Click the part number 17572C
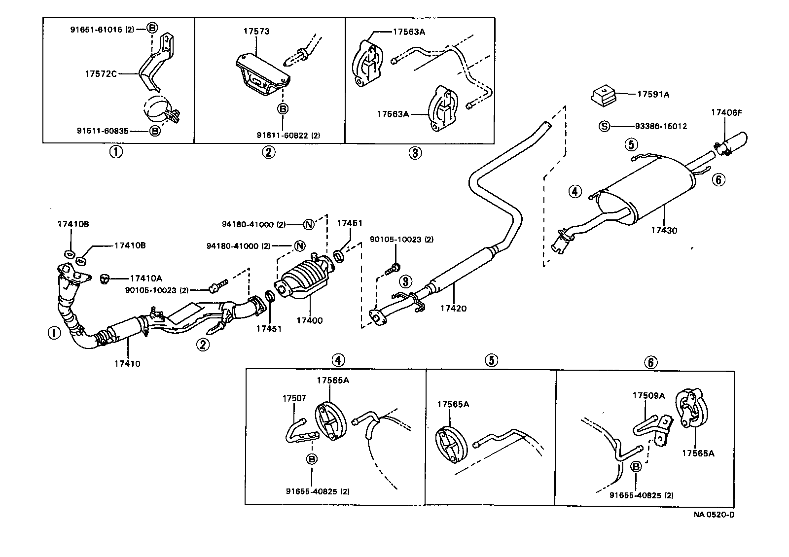coord(101,74)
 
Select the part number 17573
coord(256,32)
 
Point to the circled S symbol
coord(604,126)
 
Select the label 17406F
coord(726,112)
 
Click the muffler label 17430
coord(664,230)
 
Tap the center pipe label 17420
coord(453,309)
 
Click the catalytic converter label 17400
coord(309,320)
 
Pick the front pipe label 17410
coord(127,364)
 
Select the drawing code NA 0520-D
coord(714,515)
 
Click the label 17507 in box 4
coord(294,398)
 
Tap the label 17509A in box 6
coord(648,395)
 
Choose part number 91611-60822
coord(281,135)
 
